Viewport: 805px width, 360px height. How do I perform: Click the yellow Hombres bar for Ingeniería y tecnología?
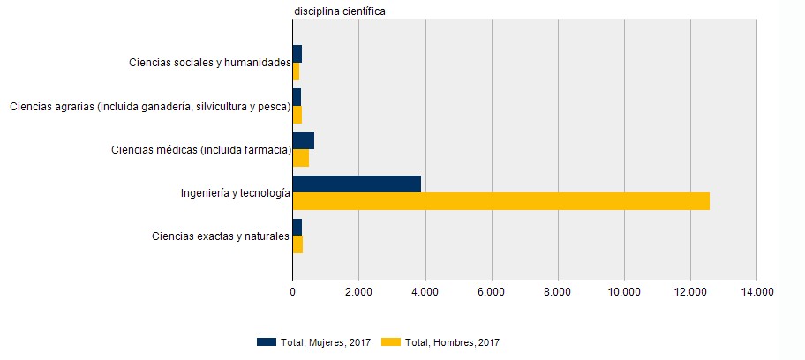500,201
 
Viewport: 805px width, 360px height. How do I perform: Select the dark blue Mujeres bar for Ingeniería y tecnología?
357,184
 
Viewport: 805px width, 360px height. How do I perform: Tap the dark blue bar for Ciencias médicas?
303,141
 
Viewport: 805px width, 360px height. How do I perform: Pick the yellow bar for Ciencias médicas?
300,158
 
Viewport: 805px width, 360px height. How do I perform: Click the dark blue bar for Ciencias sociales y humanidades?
297,54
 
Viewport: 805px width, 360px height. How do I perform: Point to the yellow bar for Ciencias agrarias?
297,115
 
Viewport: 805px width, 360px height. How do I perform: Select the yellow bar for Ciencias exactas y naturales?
297,244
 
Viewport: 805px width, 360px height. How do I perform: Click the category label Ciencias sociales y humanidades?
209,63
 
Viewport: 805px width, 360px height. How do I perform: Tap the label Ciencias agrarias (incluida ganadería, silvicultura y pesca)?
150,107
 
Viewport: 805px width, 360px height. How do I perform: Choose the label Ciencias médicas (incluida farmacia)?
201,150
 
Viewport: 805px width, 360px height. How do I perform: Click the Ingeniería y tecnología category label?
235,193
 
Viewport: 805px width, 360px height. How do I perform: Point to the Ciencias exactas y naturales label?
221,236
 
